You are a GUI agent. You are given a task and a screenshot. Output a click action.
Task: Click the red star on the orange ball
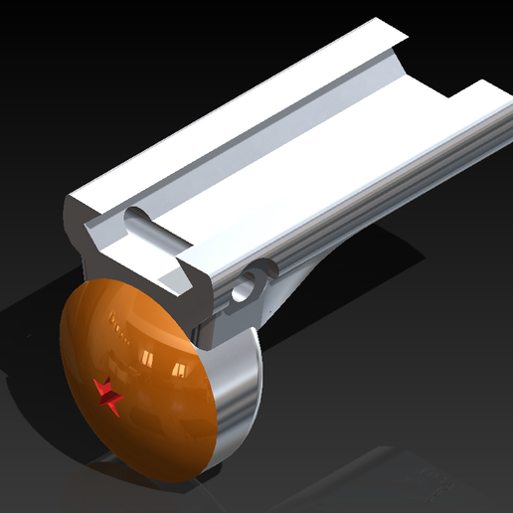107,396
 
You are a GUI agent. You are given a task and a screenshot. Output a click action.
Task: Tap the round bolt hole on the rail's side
242,291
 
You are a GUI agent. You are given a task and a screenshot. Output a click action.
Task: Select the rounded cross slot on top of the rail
151,229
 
